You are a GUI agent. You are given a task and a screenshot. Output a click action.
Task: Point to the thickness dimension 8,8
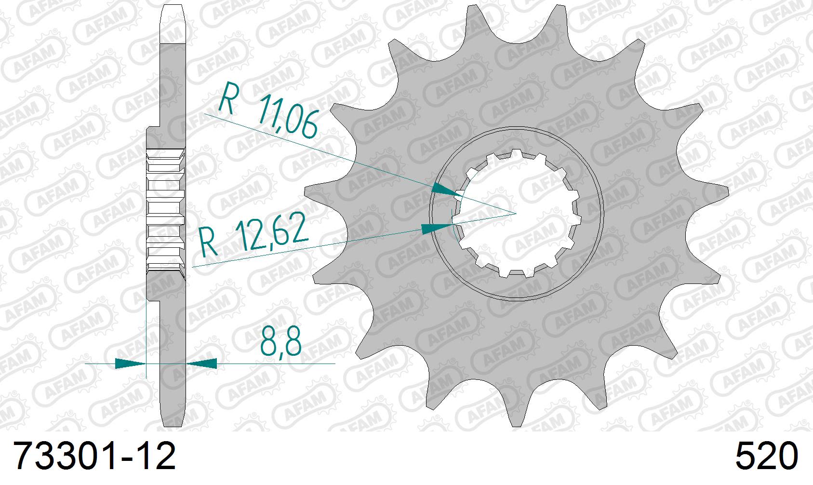(x=280, y=342)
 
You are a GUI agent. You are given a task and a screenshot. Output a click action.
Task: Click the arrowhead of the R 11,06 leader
(x=446, y=190)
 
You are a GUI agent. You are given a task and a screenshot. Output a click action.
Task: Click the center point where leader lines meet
(x=516, y=213)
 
